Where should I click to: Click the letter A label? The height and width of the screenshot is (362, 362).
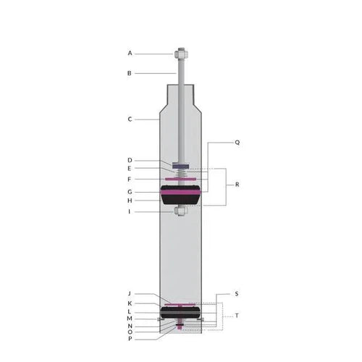tap(130, 53)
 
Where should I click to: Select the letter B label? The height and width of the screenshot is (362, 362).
tap(130, 73)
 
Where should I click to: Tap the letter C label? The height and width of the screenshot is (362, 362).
tap(130, 119)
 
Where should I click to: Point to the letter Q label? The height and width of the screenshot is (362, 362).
tap(237, 143)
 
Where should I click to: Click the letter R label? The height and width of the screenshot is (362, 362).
tap(237, 185)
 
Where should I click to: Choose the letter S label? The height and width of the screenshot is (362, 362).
tap(237, 294)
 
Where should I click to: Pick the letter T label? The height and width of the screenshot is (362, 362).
tap(237, 316)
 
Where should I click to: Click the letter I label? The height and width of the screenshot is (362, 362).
tap(130, 211)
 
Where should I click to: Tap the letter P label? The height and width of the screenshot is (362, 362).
tap(130, 339)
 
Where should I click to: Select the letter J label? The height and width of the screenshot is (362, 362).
tap(130, 293)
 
